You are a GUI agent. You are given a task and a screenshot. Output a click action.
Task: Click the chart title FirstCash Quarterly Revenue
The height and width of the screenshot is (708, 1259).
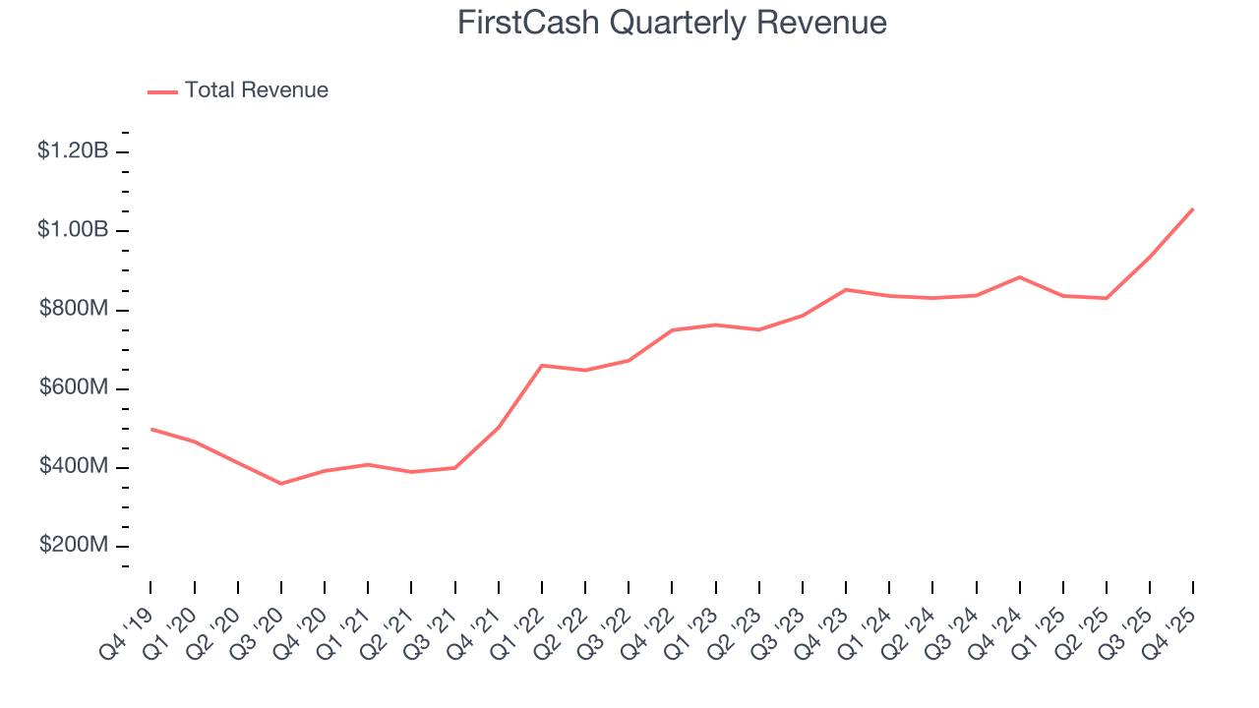click(672, 24)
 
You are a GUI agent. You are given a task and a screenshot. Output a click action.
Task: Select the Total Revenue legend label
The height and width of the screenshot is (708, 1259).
click(257, 90)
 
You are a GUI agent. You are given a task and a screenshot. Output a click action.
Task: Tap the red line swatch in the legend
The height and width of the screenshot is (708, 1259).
click(163, 91)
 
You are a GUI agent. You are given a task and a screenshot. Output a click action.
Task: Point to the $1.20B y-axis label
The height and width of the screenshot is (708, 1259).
click(73, 151)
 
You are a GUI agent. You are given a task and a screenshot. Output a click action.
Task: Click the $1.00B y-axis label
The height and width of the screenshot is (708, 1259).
click(73, 230)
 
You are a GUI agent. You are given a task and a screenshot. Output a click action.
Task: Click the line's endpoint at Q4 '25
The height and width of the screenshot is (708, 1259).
click(1193, 208)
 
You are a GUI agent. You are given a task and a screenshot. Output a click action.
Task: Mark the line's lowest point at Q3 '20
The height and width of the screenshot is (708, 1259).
click(281, 484)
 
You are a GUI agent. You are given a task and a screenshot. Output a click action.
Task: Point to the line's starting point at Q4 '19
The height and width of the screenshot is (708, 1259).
click(150, 429)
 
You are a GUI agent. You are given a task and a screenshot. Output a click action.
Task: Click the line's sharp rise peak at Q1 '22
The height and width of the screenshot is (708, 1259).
click(542, 365)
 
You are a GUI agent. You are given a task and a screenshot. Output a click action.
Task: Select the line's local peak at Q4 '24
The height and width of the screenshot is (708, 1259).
click(1020, 277)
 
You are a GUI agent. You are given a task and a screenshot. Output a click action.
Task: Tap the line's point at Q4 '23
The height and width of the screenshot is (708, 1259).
click(846, 289)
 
